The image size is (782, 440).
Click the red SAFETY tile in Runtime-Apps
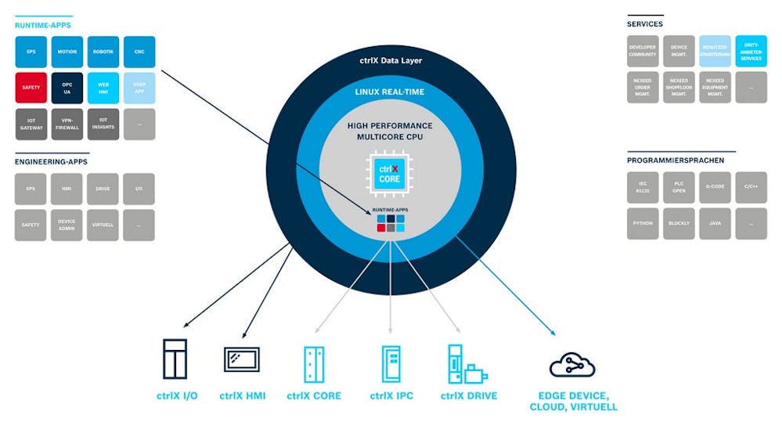31,88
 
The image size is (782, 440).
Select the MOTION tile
67,52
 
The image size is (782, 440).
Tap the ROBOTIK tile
103,52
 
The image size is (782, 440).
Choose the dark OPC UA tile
67,88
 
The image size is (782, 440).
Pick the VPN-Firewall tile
67,124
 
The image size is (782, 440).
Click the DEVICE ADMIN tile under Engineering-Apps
67,225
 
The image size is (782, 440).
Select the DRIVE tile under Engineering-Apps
103,189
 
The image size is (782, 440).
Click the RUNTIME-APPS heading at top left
43,25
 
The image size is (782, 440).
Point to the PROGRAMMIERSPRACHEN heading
676,160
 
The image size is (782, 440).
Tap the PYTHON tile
643,223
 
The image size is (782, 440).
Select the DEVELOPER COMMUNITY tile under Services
643,52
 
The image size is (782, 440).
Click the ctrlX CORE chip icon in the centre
389,174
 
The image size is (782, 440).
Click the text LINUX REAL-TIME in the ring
389,92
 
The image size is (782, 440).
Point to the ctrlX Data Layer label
389,60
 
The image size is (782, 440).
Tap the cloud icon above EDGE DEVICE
572,365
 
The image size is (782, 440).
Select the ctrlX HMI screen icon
242,359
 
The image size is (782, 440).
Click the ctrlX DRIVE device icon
463,363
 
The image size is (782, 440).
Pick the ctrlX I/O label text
177,396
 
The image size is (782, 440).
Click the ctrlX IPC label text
391,396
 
